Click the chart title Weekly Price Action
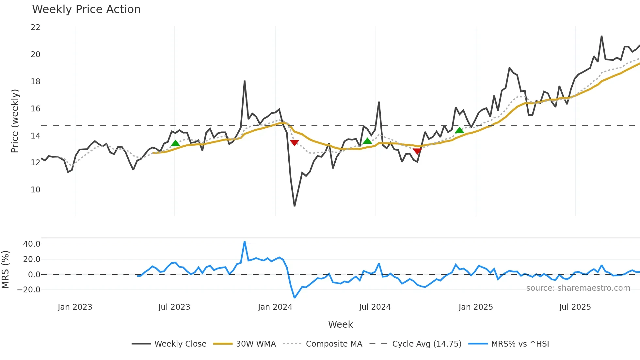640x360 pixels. [x=86, y=9]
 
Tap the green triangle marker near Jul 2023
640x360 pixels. [x=175, y=143]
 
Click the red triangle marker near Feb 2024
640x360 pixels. [x=294, y=143]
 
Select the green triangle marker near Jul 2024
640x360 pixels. [x=367, y=141]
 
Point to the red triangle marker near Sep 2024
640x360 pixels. [x=417, y=151]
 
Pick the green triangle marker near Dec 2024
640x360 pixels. [x=459, y=130]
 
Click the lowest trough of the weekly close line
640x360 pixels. [x=295, y=206]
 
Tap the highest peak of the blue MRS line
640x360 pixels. [x=245, y=242]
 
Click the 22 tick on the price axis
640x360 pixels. [x=35, y=27]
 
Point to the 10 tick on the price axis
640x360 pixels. [x=35, y=190]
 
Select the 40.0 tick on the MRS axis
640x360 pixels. [x=32, y=244]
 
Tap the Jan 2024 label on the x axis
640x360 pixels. [x=275, y=307]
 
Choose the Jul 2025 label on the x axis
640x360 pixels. [x=575, y=307]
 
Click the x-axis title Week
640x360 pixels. [x=340, y=324]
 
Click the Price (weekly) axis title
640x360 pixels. [x=15, y=121]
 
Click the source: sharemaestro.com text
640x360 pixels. [x=578, y=288]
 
